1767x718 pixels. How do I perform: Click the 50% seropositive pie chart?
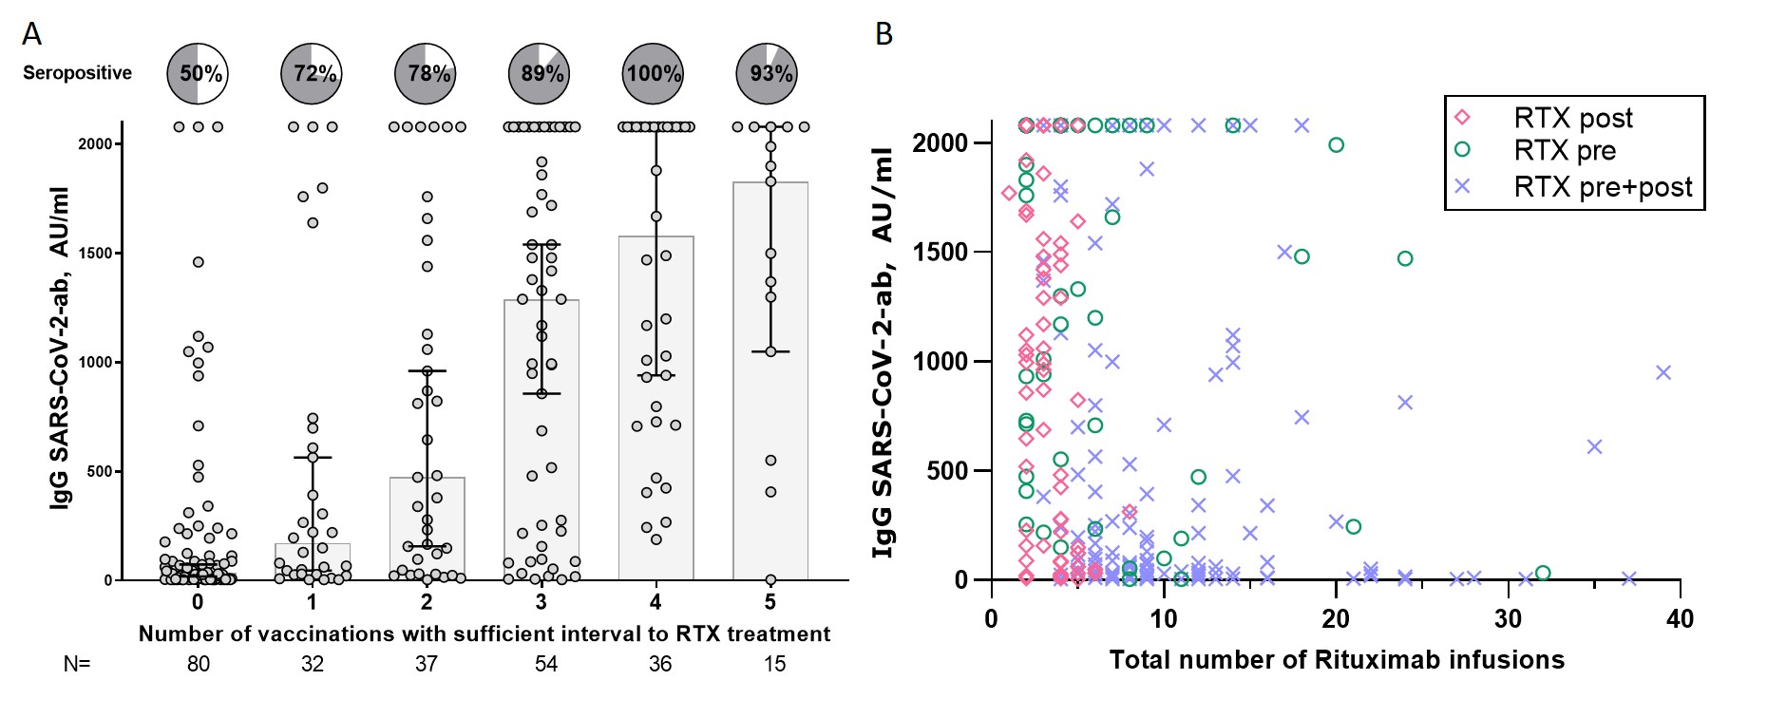pyautogui.click(x=198, y=73)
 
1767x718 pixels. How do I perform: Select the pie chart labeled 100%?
pyautogui.click(x=655, y=73)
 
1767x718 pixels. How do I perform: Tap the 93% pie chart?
pyautogui.click(x=769, y=73)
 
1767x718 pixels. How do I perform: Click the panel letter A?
pyautogui.click(x=31, y=34)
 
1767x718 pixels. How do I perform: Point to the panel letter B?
pyautogui.click(x=883, y=34)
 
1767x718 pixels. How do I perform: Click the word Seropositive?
pyautogui.click(x=77, y=73)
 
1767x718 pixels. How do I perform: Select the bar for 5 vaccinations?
pyautogui.click(x=770, y=380)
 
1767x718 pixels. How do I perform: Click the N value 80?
pyautogui.click(x=198, y=664)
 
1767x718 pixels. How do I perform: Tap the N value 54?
pyautogui.click(x=545, y=664)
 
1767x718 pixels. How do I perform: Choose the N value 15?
pyautogui.click(x=774, y=664)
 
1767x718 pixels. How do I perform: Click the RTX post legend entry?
pyautogui.click(x=1572, y=118)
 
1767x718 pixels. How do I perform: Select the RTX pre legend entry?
pyautogui.click(x=1564, y=150)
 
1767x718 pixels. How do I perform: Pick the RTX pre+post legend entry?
pyautogui.click(x=1602, y=186)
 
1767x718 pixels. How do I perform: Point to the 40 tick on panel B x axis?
pyautogui.click(x=1680, y=619)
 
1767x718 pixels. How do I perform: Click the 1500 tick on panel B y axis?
pyautogui.click(x=940, y=252)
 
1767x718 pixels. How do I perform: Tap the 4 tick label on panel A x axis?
pyautogui.click(x=655, y=602)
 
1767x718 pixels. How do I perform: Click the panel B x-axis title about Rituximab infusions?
pyautogui.click(x=1337, y=660)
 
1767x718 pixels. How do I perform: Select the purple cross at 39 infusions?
pyautogui.click(x=1662, y=372)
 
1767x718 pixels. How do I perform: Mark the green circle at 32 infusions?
pyautogui.click(x=1543, y=573)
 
